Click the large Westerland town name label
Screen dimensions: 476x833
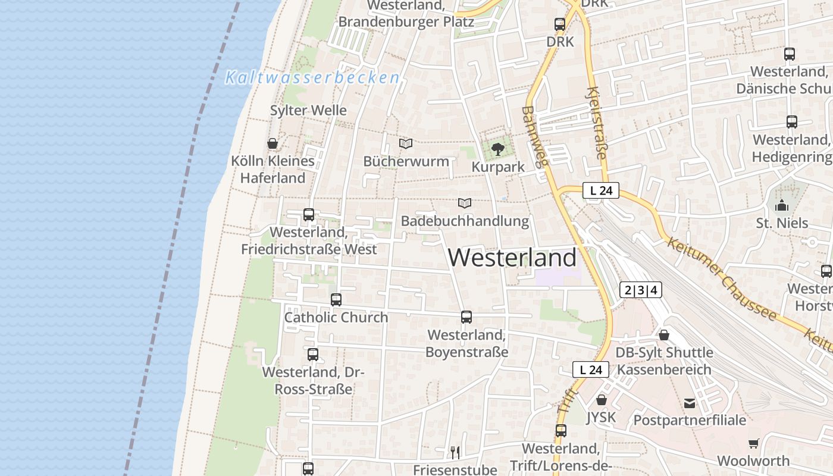point(512,258)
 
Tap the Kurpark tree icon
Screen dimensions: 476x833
point(498,149)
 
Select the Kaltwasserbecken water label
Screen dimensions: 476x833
point(312,78)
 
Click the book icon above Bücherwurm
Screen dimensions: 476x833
point(406,143)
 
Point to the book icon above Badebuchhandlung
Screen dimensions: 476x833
point(465,203)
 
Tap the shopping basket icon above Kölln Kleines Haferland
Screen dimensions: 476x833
point(273,143)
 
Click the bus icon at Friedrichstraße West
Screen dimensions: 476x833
point(309,214)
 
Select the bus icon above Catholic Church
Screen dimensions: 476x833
point(336,300)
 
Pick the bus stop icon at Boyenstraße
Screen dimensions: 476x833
point(466,317)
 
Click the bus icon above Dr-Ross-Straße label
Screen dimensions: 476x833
point(313,355)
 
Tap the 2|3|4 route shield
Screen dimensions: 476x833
point(640,290)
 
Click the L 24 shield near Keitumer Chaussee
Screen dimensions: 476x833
point(601,190)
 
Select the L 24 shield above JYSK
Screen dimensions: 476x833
point(591,369)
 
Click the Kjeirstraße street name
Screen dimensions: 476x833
point(597,123)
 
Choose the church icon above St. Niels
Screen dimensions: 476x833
point(782,206)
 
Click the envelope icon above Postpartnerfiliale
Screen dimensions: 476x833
point(690,403)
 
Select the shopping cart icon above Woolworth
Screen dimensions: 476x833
point(754,443)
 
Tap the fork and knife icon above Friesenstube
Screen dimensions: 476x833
point(455,452)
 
